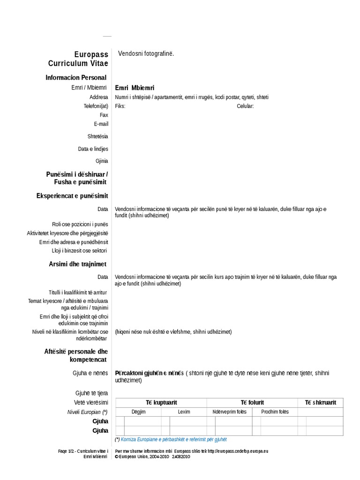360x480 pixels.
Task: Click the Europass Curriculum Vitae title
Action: click(78, 59)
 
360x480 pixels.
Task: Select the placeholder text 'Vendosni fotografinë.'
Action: click(146, 54)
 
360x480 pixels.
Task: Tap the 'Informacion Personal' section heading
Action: click(76, 77)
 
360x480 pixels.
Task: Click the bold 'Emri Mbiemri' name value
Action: click(135, 88)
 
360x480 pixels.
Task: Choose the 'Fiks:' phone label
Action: click(120, 106)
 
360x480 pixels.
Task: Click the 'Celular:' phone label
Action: click(245, 106)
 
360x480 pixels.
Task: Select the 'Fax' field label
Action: click(104, 115)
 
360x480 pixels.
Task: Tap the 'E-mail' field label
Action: click(101, 124)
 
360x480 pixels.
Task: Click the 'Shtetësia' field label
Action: click(97, 136)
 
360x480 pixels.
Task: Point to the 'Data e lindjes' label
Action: click(93, 149)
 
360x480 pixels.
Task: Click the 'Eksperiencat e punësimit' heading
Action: click(72, 195)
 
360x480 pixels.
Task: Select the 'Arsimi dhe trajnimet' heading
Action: click(78, 264)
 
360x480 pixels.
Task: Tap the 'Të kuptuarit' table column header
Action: click(161, 403)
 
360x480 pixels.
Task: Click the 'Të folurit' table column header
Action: click(252, 403)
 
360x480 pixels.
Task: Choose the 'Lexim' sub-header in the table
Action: click(184, 412)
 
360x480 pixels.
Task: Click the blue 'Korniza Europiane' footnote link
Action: click(173, 440)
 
